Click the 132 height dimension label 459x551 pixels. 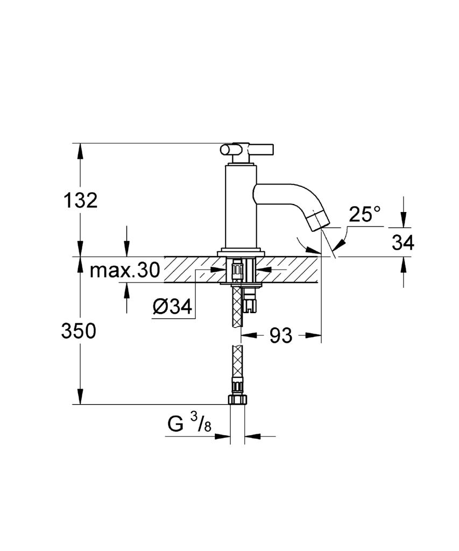pyautogui.click(x=80, y=201)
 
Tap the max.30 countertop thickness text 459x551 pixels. pyautogui.click(x=124, y=270)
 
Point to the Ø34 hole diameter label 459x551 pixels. pyautogui.click(x=172, y=307)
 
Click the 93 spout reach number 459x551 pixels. pyautogui.click(x=281, y=336)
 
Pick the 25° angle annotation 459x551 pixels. pyautogui.click(x=364, y=214)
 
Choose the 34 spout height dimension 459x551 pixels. pyautogui.click(x=403, y=243)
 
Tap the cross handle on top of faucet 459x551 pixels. pyautogui.click(x=247, y=150)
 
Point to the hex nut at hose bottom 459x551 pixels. pyautogui.click(x=237, y=400)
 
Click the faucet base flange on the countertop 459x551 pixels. pyautogui.click(x=241, y=253)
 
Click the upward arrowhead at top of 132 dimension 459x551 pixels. pyautogui.click(x=80, y=150)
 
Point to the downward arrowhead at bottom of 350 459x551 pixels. pyautogui.click(x=80, y=398)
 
